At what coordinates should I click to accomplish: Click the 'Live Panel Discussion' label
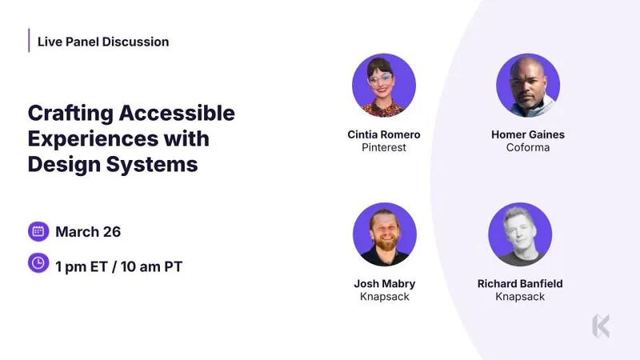pyautogui.click(x=103, y=42)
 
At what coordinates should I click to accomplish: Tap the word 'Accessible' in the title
pyautogui.click(x=177, y=113)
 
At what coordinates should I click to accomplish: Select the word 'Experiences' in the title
pyautogui.click(x=93, y=138)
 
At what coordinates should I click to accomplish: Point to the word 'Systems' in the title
pyautogui.click(x=152, y=165)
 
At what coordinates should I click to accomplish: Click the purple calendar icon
pyautogui.click(x=38, y=231)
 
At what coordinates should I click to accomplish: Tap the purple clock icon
pyautogui.click(x=38, y=263)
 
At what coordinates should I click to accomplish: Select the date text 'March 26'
pyautogui.click(x=88, y=232)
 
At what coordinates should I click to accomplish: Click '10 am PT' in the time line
pyautogui.click(x=151, y=266)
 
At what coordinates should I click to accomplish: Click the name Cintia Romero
pyautogui.click(x=384, y=134)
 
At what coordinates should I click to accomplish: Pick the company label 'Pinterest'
pyautogui.click(x=384, y=147)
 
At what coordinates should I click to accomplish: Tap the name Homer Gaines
pyautogui.click(x=528, y=134)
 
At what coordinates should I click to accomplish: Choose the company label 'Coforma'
pyautogui.click(x=528, y=147)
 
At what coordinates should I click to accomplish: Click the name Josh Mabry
pyautogui.click(x=385, y=283)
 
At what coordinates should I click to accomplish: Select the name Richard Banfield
pyautogui.click(x=520, y=283)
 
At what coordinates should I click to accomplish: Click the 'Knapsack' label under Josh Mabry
pyautogui.click(x=385, y=296)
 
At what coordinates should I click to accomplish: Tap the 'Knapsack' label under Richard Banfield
pyautogui.click(x=520, y=296)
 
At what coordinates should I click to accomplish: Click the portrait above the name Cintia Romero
pyautogui.click(x=384, y=86)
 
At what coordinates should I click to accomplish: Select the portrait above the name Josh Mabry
pyautogui.click(x=385, y=234)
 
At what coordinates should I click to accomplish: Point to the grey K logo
pyautogui.click(x=601, y=326)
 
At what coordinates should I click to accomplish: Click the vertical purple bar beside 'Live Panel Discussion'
pyautogui.click(x=29, y=41)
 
